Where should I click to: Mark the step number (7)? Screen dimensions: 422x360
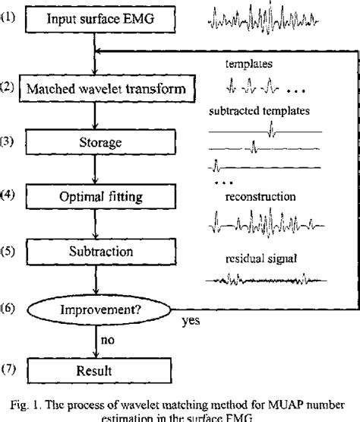click(x=8, y=370)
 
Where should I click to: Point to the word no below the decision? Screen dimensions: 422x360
click(x=111, y=342)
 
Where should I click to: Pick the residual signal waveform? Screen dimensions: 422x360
click(x=264, y=280)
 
